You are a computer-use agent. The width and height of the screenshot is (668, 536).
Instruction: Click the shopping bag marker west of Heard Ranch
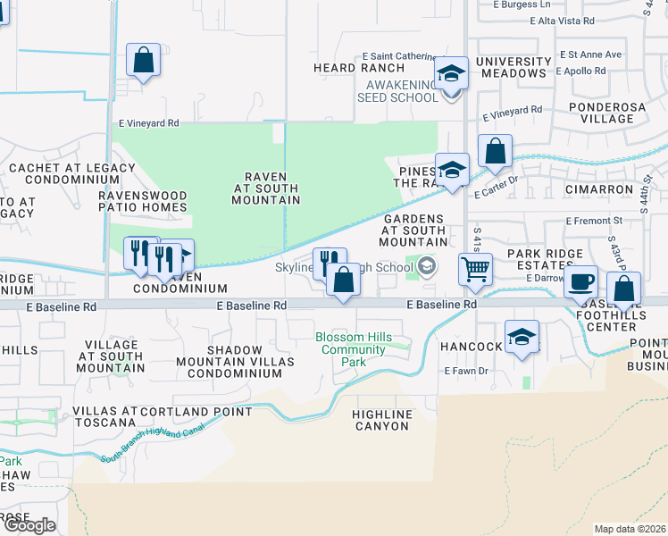[x=143, y=61]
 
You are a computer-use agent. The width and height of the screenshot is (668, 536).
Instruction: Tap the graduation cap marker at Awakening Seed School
[x=452, y=74]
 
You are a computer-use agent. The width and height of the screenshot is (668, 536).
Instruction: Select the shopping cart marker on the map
[x=476, y=268]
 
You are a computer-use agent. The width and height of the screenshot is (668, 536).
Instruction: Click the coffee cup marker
[x=581, y=281]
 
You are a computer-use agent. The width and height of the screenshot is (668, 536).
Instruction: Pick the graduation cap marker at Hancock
[x=522, y=338]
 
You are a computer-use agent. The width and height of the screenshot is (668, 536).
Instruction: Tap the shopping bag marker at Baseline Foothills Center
[x=624, y=289]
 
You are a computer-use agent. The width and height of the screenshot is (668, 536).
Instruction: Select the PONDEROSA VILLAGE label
[x=600, y=113]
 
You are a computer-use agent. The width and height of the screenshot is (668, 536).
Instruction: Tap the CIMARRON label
[x=598, y=189]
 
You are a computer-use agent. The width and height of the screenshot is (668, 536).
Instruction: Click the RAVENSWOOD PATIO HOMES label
[x=143, y=201]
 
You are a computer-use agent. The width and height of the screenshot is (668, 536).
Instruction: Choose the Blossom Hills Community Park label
[x=354, y=349]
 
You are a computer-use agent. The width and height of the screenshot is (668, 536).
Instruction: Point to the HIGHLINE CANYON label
[x=382, y=420]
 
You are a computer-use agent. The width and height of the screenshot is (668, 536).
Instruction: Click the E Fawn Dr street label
[x=466, y=371]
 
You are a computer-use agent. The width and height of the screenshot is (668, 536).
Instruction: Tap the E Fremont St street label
[x=593, y=220]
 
